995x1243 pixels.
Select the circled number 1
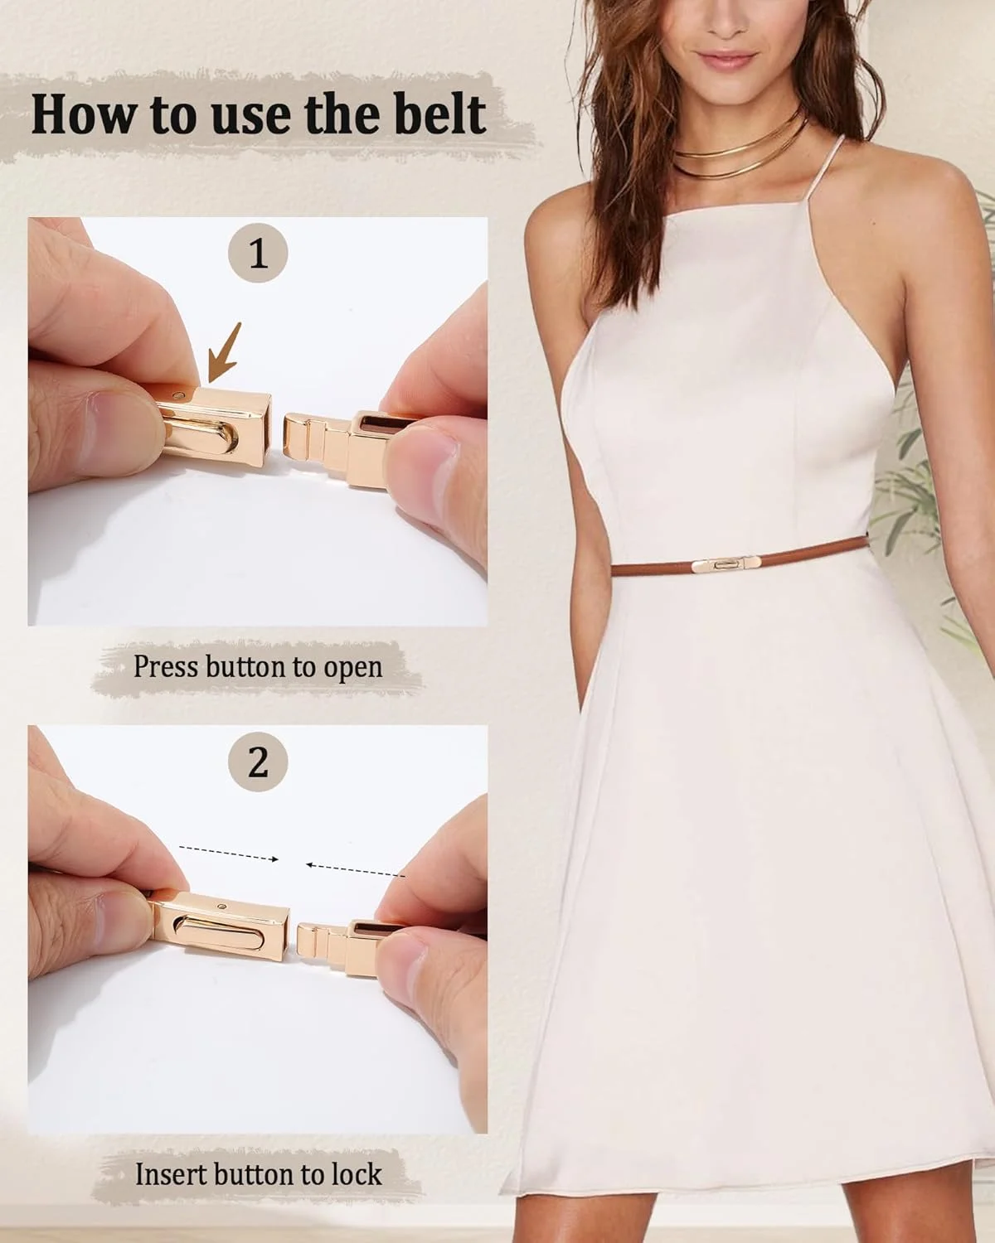point(258,253)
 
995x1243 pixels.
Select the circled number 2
point(258,762)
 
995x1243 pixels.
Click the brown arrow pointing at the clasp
point(226,354)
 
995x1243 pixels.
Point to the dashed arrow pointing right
point(229,854)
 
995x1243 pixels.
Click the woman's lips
point(726,58)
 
